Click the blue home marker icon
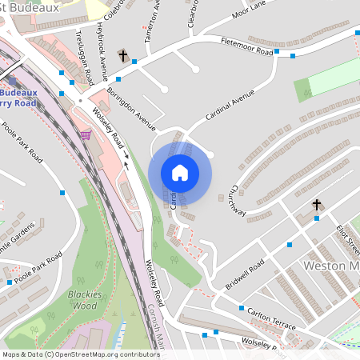[180, 173]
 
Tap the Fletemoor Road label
[247, 47]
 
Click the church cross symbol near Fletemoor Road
[123, 56]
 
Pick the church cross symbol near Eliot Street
[316, 206]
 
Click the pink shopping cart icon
[86, 135]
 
